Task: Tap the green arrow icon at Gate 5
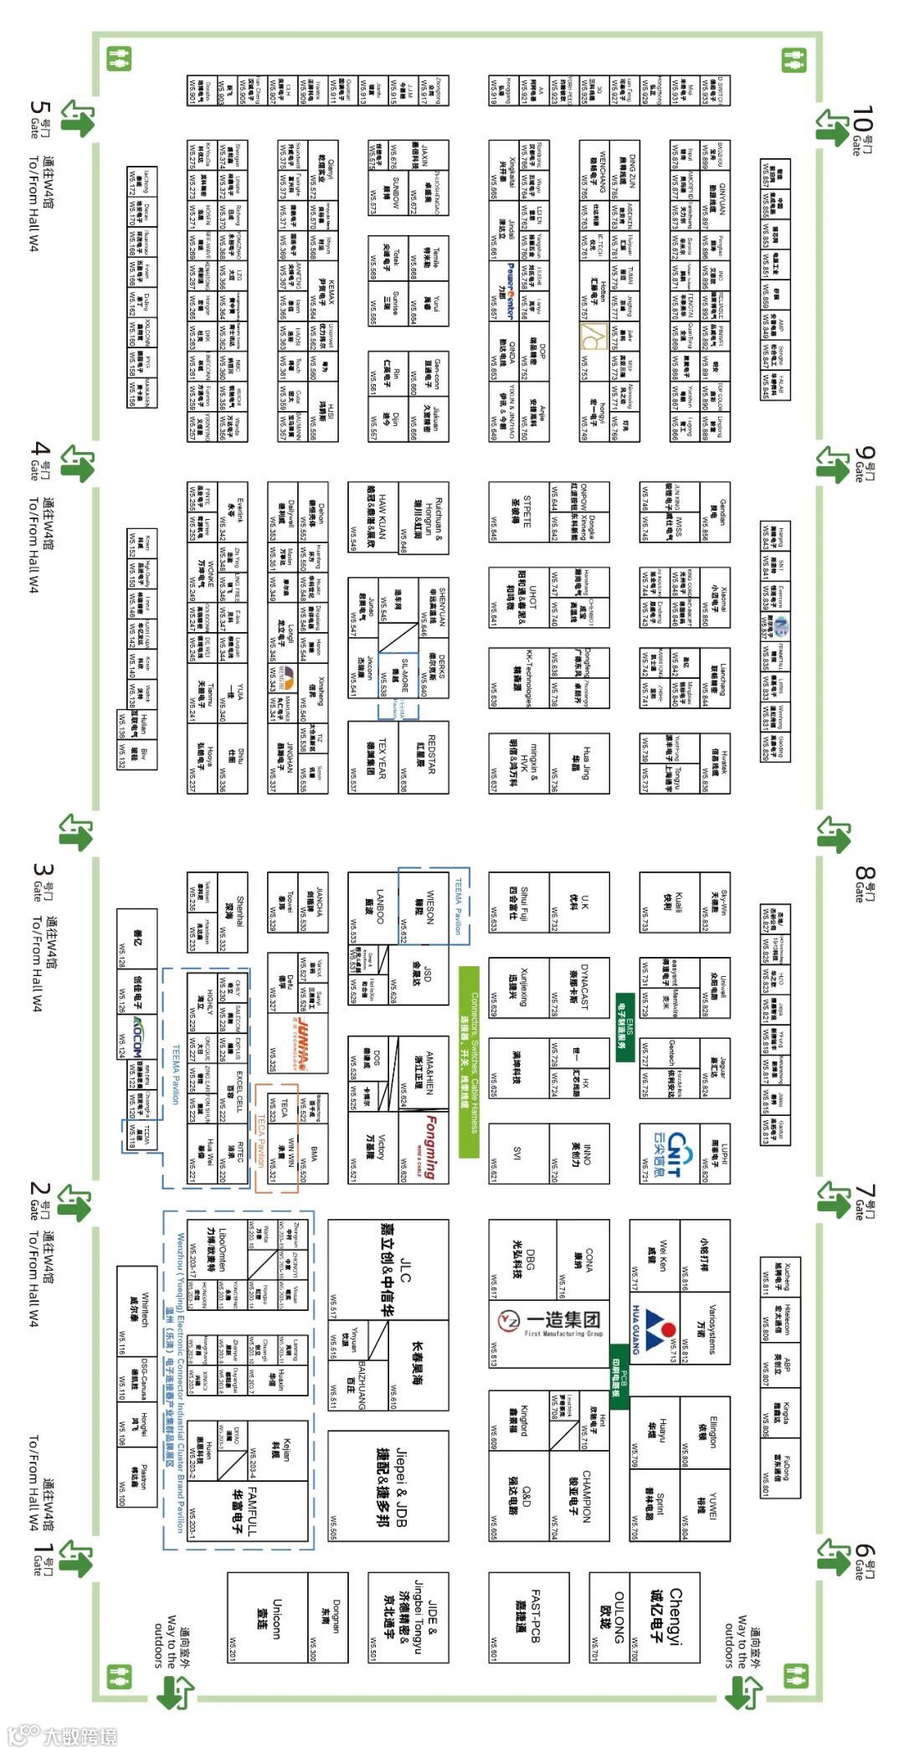(x=77, y=119)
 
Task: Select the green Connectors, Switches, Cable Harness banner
(x=469, y=1062)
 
